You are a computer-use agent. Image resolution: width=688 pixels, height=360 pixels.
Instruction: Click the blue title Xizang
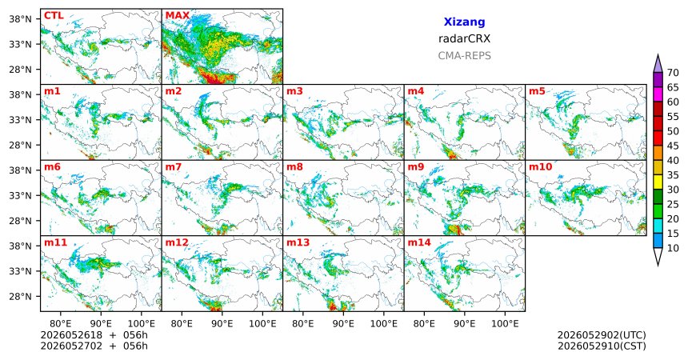pyautogui.click(x=464, y=22)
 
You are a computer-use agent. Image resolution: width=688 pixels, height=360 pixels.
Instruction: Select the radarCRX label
pyautogui.click(x=464, y=38)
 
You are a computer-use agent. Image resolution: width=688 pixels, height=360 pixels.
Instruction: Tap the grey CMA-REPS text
pyautogui.click(x=464, y=56)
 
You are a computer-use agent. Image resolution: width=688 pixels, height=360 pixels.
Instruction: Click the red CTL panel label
pyautogui.click(x=54, y=16)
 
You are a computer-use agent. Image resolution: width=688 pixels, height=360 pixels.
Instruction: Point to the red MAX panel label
pyautogui.click(x=178, y=16)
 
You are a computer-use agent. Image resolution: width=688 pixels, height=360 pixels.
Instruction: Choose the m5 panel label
pyautogui.click(x=537, y=91)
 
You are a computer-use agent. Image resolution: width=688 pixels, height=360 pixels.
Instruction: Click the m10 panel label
pyautogui.click(x=540, y=167)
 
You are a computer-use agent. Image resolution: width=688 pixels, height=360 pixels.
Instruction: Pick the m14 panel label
pyautogui.click(x=419, y=242)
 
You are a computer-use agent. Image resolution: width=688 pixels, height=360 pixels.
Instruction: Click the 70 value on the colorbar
pyautogui.click(x=673, y=73)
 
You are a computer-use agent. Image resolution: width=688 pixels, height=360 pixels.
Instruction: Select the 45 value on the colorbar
pyautogui.click(x=673, y=146)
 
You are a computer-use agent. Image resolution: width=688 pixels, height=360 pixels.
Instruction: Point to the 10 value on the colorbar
pyautogui.click(x=673, y=248)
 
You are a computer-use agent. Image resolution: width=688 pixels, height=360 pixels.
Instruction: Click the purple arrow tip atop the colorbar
pyautogui.click(x=658, y=55)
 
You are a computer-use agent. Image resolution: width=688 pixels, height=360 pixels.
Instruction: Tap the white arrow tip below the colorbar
pyautogui.click(x=658, y=265)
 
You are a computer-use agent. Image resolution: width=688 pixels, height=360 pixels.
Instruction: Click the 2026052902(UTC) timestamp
pyautogui.click(x=602, y=335)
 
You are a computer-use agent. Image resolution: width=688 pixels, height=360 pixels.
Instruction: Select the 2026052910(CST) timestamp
pyautogui.click(x=602, y=346)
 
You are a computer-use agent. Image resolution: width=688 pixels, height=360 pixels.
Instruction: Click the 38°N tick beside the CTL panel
pyautogui.click(x=21, y=19)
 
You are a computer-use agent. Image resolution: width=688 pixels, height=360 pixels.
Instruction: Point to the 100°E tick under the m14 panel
pyautogui.click(x=505, y=323)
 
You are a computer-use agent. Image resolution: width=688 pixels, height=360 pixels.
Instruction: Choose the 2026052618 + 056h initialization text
pyautogui.click(x=94, y=335)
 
